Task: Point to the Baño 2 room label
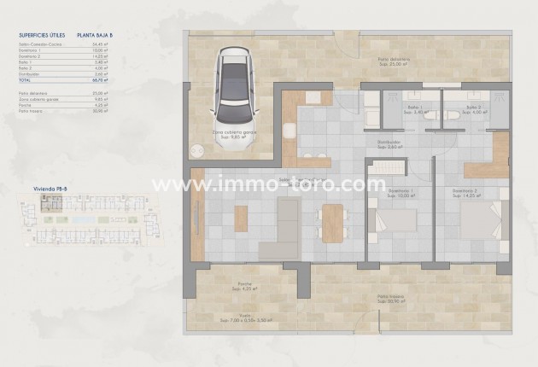tap(475, 110)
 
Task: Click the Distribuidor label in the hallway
tap(388, 145)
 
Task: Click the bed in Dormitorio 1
tap(394, 221)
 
